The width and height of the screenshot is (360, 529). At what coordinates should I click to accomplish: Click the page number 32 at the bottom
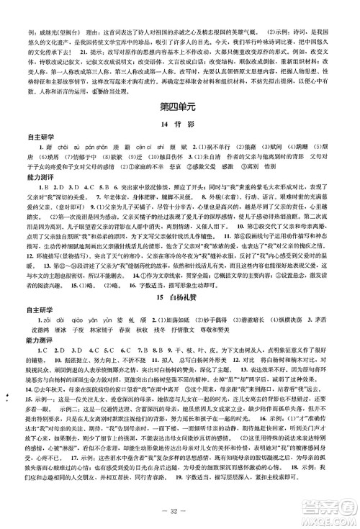[180, 516]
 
